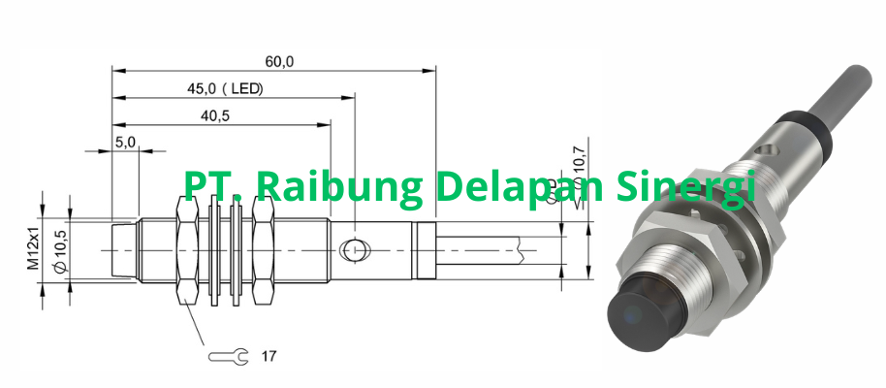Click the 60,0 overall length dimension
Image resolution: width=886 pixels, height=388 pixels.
click(280, 61)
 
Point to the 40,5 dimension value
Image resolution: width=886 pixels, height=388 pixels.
click(214, 115)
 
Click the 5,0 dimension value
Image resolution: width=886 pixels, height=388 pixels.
click(126, 142)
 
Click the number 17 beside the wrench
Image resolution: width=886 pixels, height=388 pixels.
click(269, 356)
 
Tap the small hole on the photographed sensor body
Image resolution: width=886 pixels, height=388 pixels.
click(766, 151)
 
